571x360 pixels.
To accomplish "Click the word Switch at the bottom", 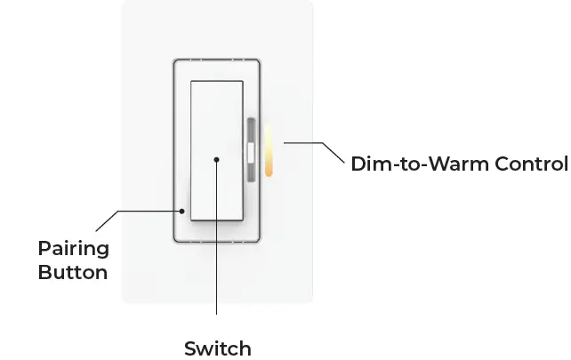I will (x=217, y=348).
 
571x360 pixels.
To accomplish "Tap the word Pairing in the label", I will (x=73, y=248).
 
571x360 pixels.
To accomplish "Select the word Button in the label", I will (x=72, y=272).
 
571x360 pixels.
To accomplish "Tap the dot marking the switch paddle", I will (x=216, y=160).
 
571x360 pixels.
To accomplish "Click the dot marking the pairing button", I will (x=181, y=211).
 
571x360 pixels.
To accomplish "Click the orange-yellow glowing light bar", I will (x=267, y=151).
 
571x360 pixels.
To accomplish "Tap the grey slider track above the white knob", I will (x=251, y=131).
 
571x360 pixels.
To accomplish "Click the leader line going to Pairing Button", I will (x=142, y=211).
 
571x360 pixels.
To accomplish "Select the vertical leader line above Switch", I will (x=216, y=267).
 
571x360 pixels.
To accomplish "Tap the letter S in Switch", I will (x=189, y=348).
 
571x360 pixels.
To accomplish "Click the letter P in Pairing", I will (x=44, y=248).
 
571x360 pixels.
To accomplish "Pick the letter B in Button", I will (x=44, y=272).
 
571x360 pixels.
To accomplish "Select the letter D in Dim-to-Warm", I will (x=358, y=164).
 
